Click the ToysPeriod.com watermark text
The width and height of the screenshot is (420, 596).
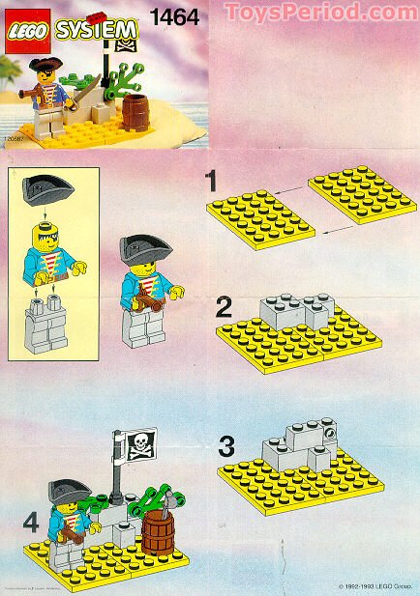(x=320, y=13)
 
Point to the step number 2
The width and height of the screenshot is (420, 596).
(x=224, y=308)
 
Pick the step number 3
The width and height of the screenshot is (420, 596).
(x=225, y=446)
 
